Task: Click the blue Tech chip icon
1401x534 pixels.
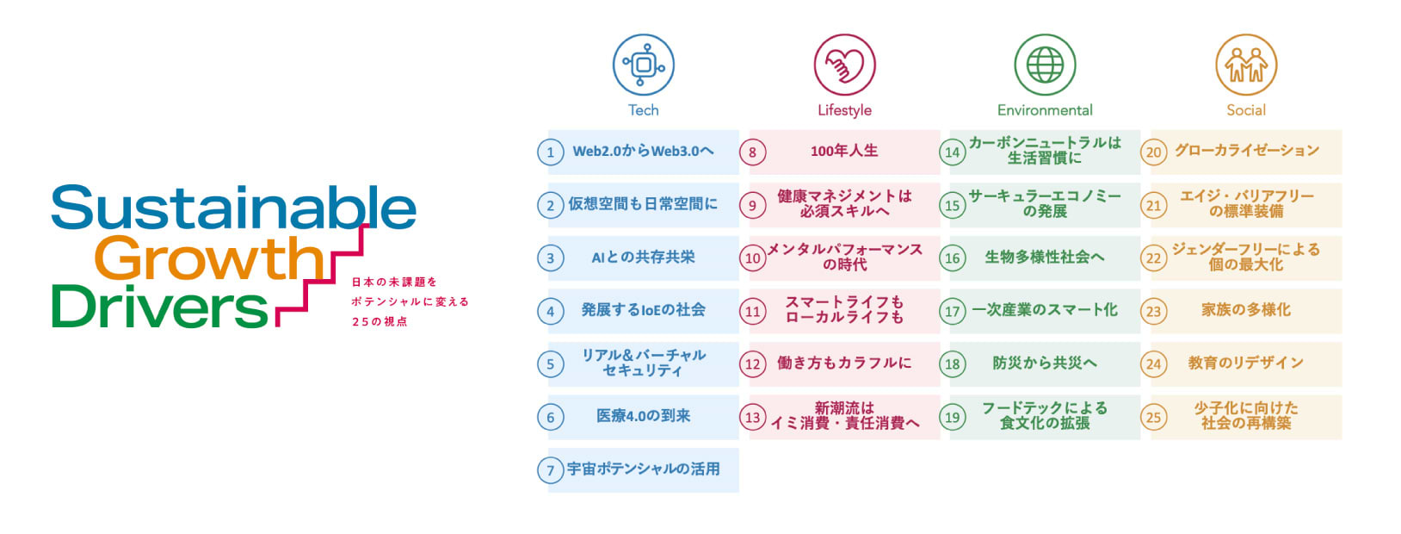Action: click(x=643, y=65)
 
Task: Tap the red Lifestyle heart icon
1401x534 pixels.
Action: click(x=844, y=65)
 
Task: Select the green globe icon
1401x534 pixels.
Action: click(x=1045, y=65)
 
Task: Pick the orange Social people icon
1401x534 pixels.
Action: click(x=1246, y=65)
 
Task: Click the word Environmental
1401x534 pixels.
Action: click(x=1045, y=110)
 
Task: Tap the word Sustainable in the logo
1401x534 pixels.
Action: click(x=234, y=207)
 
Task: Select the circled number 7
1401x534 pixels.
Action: click(x=551, y=470)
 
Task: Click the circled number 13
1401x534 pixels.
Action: click(x=752, y=417)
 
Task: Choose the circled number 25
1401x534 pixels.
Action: click(x=1153, y=417)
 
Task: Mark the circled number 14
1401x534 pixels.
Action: click(x=953, y=152)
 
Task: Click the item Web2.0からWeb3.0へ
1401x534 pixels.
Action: click(x=643, y=152)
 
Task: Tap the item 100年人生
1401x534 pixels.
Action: click(x=844, y=151)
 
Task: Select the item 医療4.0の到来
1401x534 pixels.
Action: click(x=643, y=416)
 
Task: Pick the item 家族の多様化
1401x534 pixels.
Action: click(x=1246, y=310)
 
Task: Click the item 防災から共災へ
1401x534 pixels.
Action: click(x=1045, y=363)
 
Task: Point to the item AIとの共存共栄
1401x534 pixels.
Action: click(x=643, y=258)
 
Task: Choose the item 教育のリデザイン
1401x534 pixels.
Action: click(x=1246, y=363)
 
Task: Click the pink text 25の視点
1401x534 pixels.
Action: click(x=380, y=322)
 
